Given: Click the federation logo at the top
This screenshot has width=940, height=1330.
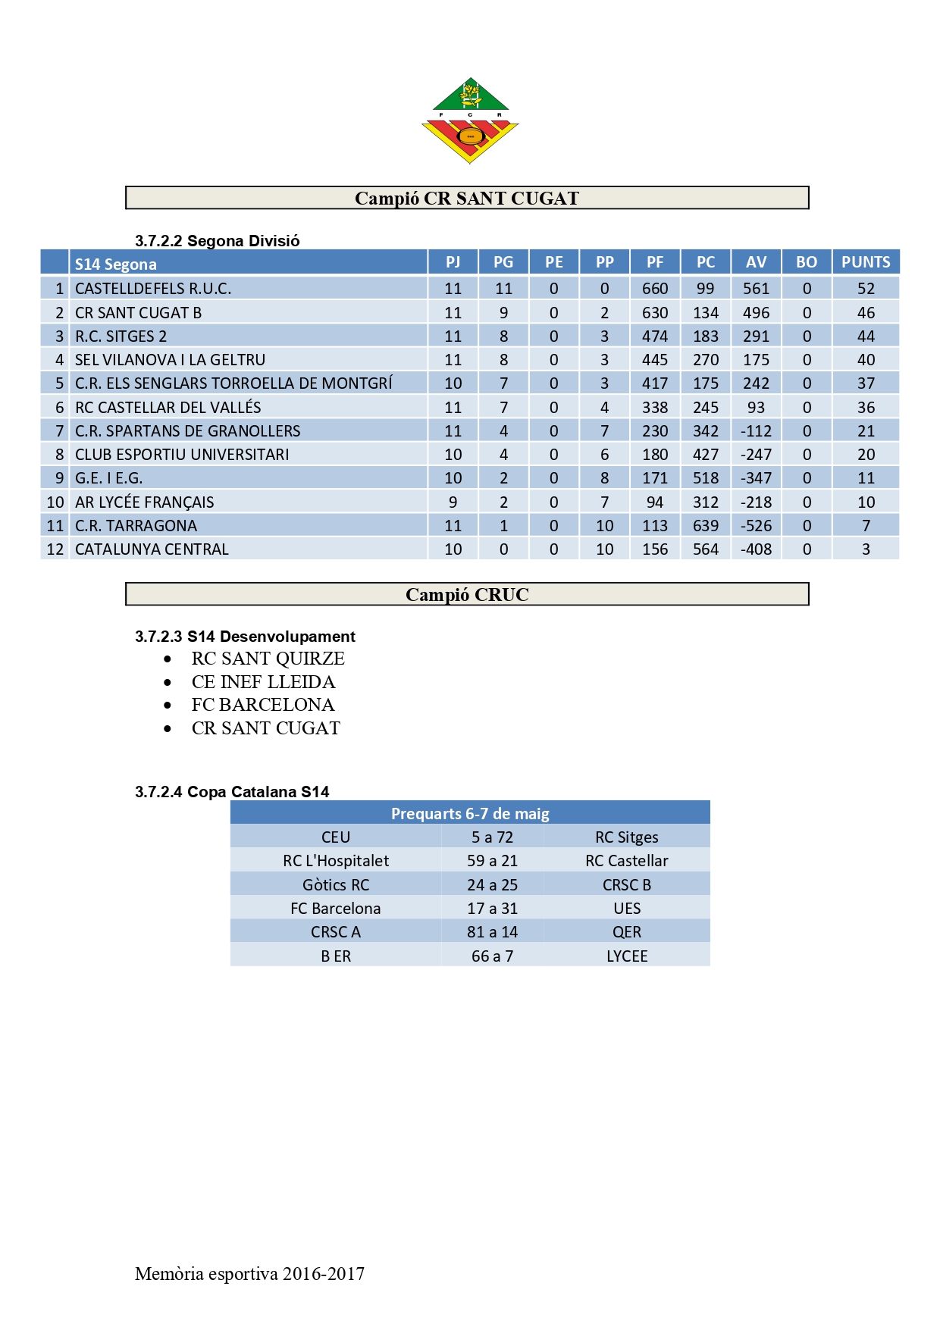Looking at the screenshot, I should [x=470, y=120].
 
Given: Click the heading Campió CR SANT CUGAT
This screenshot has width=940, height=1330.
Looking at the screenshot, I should [x=467, y=199].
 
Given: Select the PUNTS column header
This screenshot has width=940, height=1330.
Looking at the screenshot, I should [x=866, y=262].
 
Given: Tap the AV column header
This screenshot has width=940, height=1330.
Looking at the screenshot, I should [x=756, y=262].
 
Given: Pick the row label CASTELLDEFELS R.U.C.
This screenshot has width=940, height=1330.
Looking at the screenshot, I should [x=153, y=289].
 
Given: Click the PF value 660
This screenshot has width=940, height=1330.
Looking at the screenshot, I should [x=655, y=289].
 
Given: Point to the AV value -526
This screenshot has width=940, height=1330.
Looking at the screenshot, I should [x=756, y=526].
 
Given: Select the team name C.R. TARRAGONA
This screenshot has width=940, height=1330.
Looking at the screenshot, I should [x=136, y=526].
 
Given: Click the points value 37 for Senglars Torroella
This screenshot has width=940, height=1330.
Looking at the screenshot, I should [x=866, y=383].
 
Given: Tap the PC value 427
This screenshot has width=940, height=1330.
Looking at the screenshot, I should [x=706, y=455].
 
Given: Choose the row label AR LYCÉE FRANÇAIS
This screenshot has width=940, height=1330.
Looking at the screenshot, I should [x=144, y=502].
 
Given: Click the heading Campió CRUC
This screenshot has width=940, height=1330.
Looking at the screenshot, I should [x=467, y=595].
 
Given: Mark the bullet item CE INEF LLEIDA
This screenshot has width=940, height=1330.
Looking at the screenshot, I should [x=263, y=682].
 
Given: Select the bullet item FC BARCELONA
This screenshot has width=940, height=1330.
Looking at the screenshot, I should [x=262, y=705].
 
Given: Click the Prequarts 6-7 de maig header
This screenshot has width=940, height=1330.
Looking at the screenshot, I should [x=470, y=814].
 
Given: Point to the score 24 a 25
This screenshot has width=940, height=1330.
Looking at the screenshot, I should [x=492, y=885].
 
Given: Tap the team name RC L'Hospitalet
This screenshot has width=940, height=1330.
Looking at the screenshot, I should [x=336, y=861].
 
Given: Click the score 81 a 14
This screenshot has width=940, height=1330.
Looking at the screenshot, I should [x=492, y=932].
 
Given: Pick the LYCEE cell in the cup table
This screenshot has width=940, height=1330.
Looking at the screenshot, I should [x=627, y=956].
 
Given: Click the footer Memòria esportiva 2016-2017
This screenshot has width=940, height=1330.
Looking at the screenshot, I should [x=249, y=1274].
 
